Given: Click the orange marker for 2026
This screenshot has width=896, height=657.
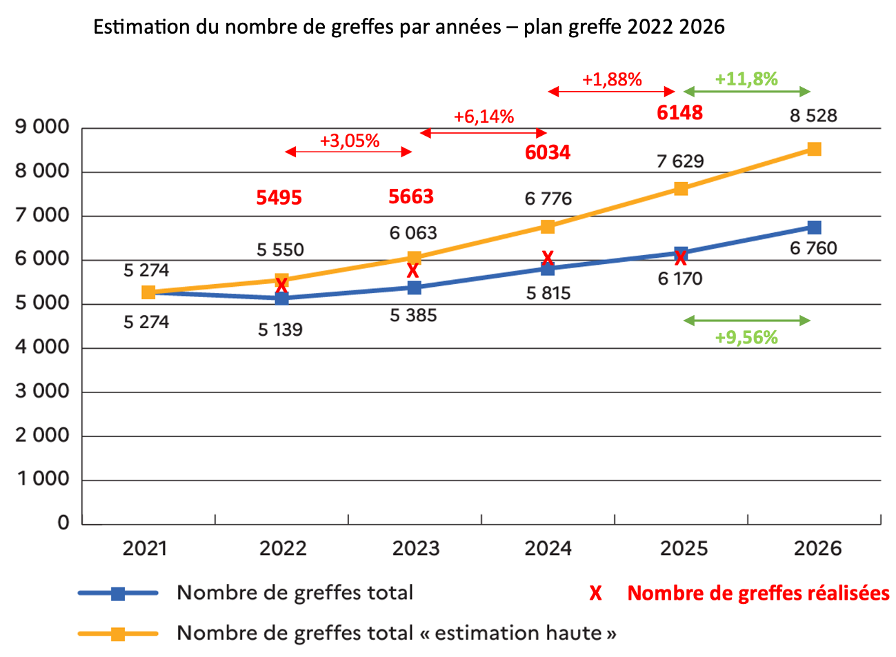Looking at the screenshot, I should tap(814, 149).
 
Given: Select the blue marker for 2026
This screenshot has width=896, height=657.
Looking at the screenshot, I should tap(814, 228).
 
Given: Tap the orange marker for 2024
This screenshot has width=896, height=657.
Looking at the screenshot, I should tap(548, 227).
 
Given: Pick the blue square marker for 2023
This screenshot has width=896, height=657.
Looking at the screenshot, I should tap(414, 287).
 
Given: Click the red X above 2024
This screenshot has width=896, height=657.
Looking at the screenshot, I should tap(548, 259).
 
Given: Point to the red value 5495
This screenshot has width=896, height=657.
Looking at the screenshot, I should tap(279, 198).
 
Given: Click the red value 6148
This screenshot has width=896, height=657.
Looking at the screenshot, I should tap(679, 113).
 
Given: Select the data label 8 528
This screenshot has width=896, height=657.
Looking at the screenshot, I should tap(813, 116).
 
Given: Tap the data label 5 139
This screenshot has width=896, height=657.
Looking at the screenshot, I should tap(280, 330).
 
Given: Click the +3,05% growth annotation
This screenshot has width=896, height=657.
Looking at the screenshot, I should tap(349, 141).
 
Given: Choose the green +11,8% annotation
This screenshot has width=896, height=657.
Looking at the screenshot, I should tap(746, 79).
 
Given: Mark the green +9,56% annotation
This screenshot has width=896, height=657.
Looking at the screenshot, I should tap(746, 338).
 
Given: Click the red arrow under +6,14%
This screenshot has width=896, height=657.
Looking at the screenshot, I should tap(483, 133).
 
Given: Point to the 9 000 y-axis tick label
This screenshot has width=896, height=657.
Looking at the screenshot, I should tap(42, 128).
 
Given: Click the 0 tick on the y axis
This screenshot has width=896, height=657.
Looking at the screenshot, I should tap(63, 523).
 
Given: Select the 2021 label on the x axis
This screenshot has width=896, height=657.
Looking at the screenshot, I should tap(145, 549).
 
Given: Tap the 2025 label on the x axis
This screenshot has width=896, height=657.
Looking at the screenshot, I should tap(684, 549).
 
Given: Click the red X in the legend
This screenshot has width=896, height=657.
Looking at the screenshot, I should tap(595, 594).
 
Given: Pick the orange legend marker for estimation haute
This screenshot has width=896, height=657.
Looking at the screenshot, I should tap(118, 634).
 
